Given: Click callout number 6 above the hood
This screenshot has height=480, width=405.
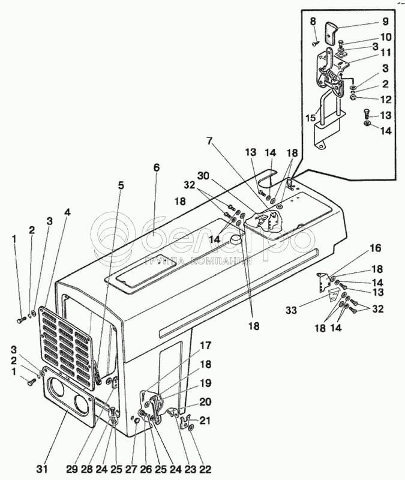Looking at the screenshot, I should tap(156, 169).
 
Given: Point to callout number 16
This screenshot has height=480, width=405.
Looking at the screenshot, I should tap(374, 247).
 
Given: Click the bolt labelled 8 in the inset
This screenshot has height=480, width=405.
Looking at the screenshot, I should tap(316, 43).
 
